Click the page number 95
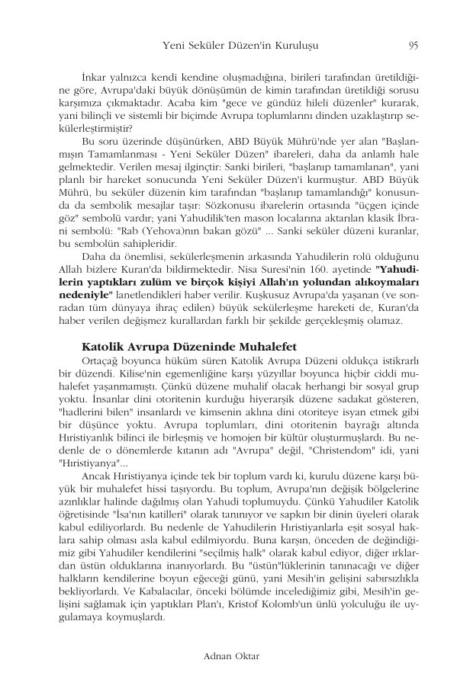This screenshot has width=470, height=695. (413, 46)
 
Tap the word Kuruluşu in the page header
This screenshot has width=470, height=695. (291, 46)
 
